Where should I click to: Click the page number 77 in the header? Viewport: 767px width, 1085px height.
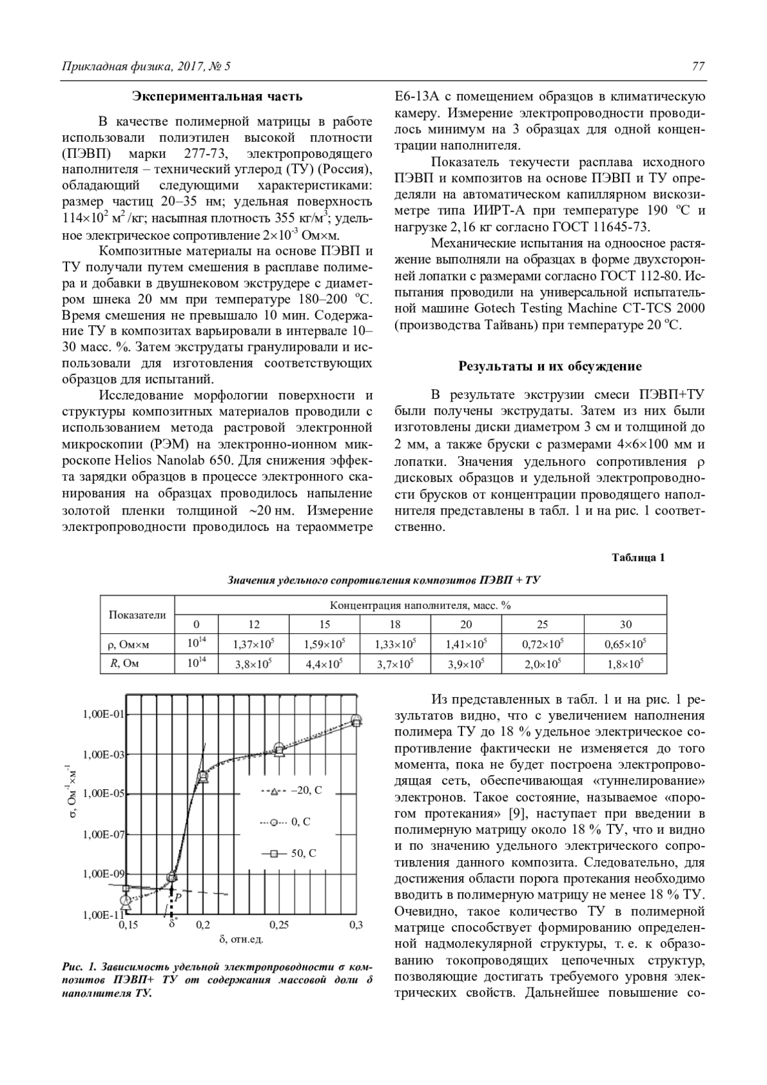[698, 66]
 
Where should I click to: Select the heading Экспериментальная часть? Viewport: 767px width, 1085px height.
[217, 97]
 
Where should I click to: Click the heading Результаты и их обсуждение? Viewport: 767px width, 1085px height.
[550, 367]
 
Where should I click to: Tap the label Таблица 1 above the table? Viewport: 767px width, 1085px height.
[639, 557]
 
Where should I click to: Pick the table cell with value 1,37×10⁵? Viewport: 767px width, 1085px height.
[254, 644]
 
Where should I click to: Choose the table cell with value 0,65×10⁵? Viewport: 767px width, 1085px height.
[625, 644]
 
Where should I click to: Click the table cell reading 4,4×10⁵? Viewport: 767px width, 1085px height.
[325, 664]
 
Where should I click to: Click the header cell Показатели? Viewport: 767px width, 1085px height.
[137, 615]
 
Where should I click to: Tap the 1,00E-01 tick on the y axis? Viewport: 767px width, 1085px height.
[104, 714]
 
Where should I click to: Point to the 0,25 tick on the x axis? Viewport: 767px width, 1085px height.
[279, 925]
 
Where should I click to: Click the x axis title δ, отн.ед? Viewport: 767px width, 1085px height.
[241, 940]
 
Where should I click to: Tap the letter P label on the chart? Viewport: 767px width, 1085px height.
[178, 897]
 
